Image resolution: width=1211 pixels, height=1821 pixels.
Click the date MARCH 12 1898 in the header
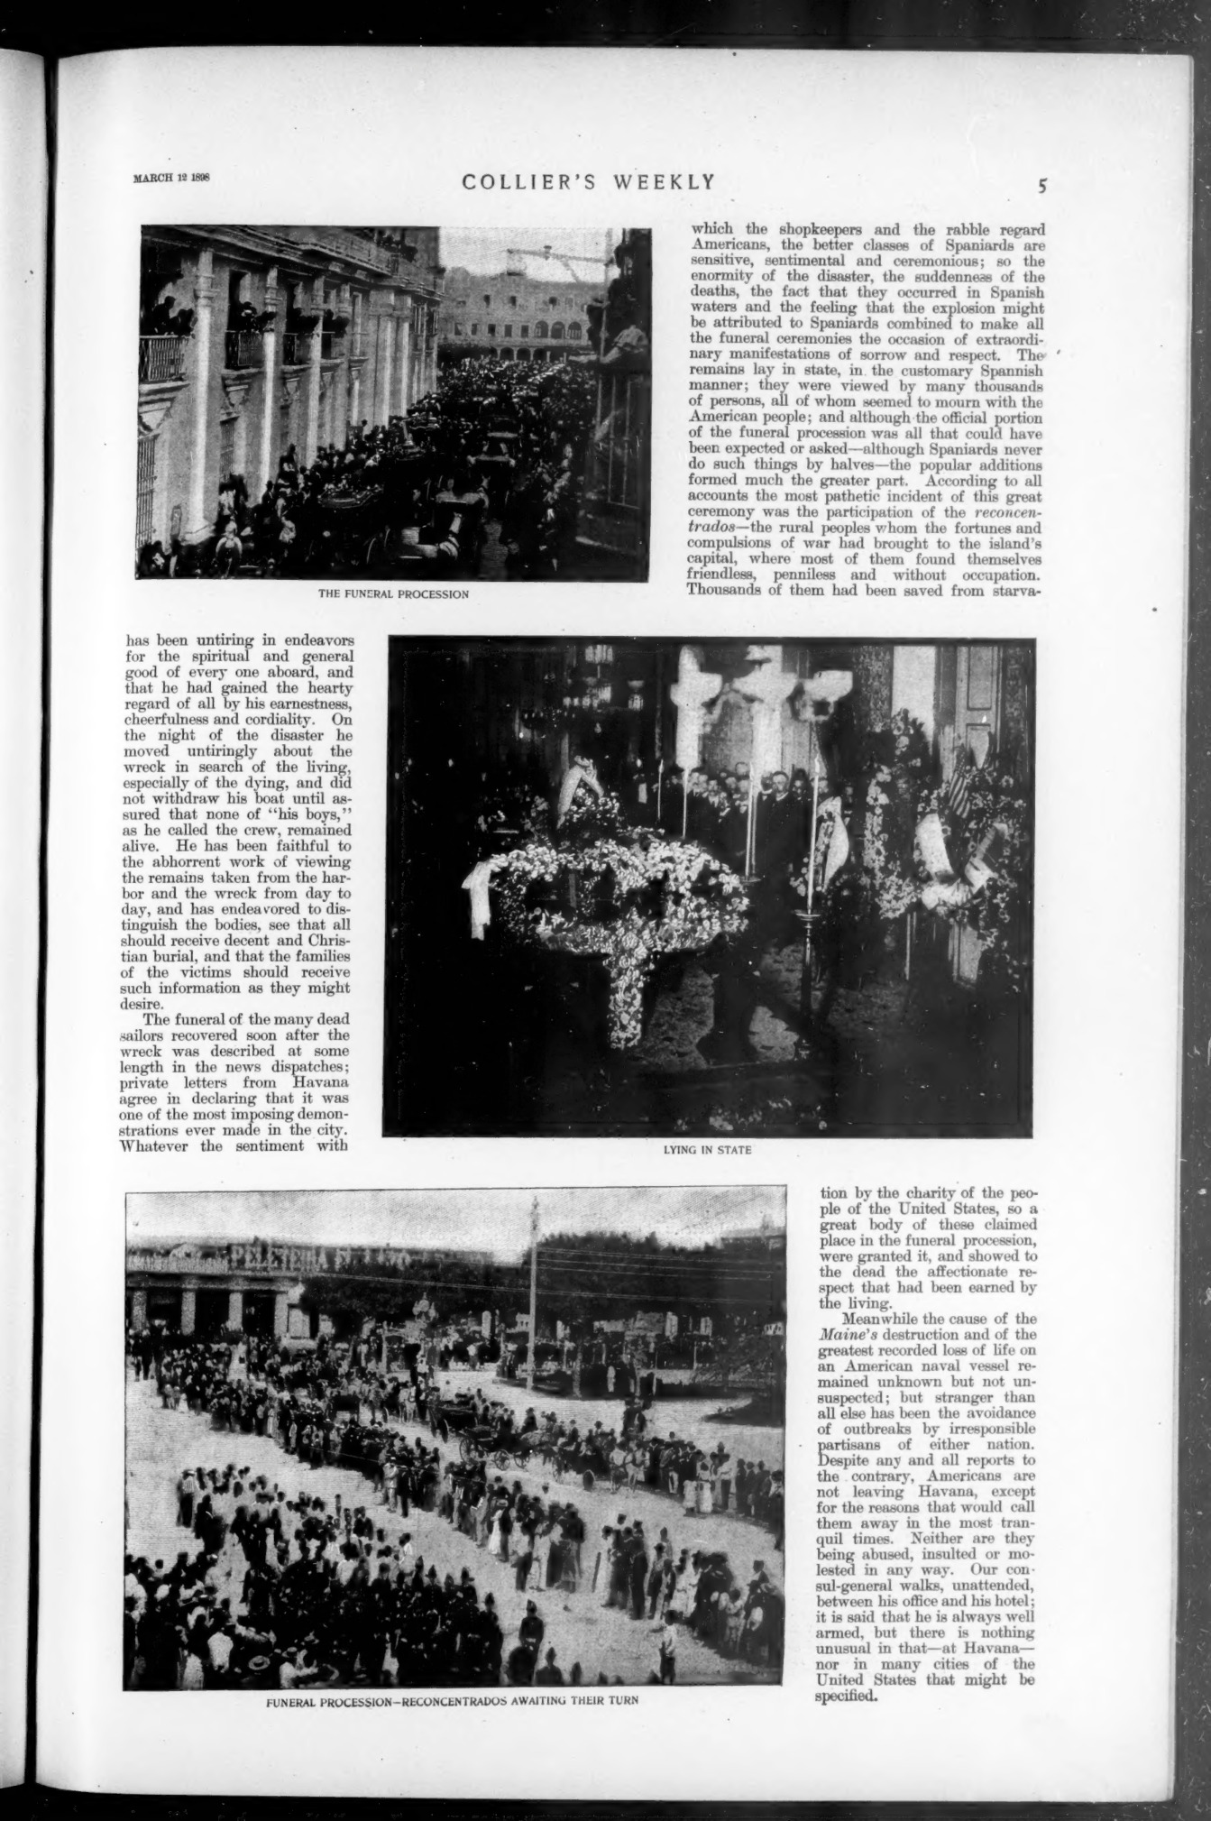(171, 178)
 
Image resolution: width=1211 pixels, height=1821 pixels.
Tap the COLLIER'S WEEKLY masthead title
(589, 182)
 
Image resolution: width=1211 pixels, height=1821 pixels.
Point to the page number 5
(1041, 187)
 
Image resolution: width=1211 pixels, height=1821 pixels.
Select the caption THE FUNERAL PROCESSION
(392, 594)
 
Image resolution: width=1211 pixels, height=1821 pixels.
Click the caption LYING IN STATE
(707, 1150)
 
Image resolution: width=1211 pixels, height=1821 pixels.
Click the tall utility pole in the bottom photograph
(534, 1308)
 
